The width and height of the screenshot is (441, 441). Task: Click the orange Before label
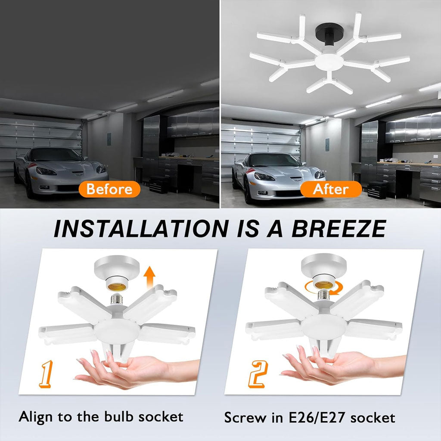click(110, 189)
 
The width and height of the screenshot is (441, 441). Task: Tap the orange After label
click(331, 189)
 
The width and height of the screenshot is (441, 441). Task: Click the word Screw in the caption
click(244, 417)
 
